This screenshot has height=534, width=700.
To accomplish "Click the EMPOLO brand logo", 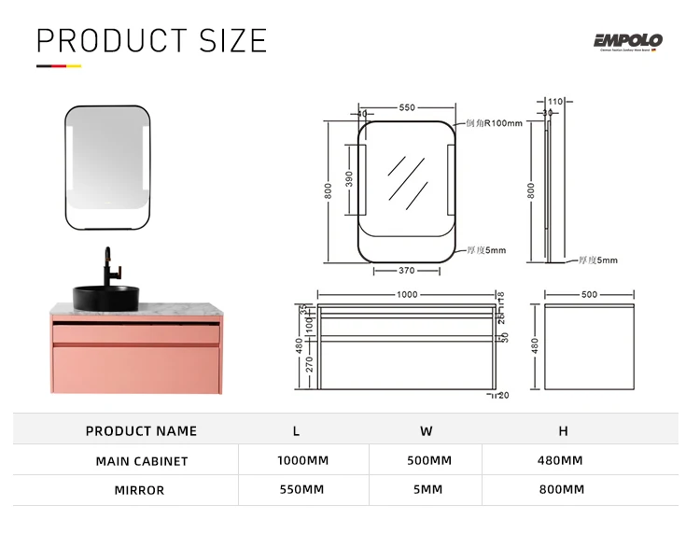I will point(627,41).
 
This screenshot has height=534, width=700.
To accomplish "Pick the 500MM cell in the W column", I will point(428,460).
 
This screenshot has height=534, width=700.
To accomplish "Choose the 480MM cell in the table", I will point(561,460).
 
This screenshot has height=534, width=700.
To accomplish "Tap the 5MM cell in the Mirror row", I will point(428,489).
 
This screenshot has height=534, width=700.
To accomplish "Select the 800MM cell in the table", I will point(561,489).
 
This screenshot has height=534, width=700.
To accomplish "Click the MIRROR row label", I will point(139,490).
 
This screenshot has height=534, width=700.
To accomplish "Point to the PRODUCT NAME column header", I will point(141,431).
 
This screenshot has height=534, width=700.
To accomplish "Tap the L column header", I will point(297,431).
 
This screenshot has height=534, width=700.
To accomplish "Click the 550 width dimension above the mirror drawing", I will point(407,107).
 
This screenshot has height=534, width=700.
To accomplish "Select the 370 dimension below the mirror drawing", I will point(406,271).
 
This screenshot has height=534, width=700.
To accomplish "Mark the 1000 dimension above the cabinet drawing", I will point(406,294).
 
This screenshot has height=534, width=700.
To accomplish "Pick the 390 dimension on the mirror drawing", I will point(349,178).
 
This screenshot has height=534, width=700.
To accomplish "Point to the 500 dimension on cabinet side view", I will point(589,294).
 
